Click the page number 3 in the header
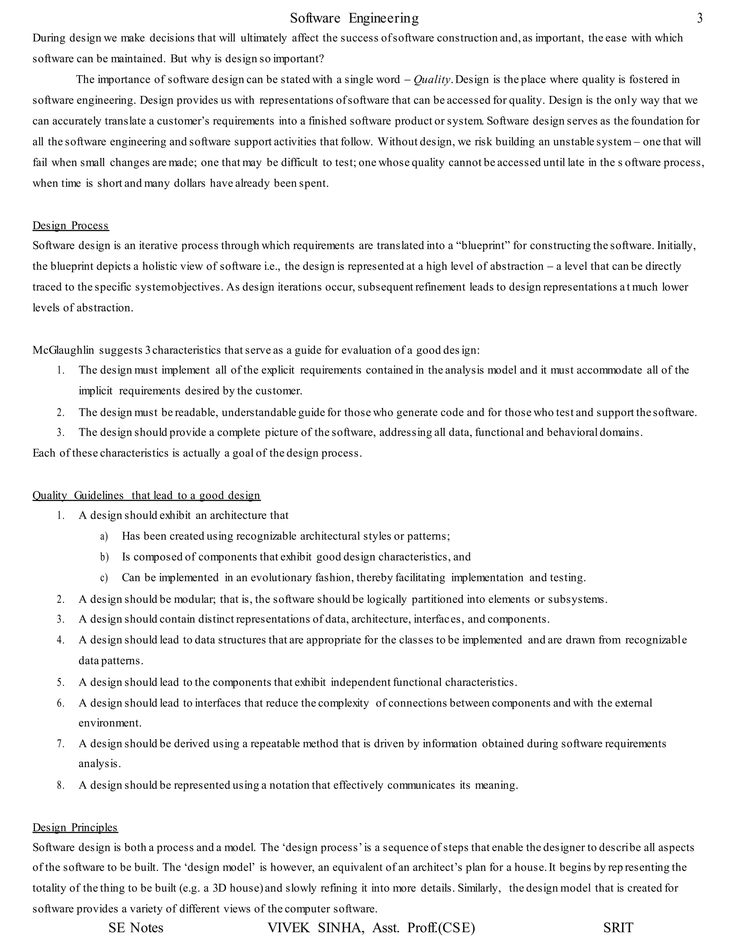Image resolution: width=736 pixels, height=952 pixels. point(700,18)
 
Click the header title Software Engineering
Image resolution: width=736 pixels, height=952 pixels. point(354,18)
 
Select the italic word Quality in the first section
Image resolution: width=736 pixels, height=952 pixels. point(432,79)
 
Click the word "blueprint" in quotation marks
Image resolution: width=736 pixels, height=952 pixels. point(482,245)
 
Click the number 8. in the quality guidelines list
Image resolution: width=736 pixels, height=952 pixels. point(61,785)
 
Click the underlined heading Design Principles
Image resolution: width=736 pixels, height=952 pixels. point(75,827)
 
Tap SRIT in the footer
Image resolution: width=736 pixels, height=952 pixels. point(618,928)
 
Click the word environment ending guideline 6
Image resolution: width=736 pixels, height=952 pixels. point(110,723)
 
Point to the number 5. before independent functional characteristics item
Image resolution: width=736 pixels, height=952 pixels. point(61,682)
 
